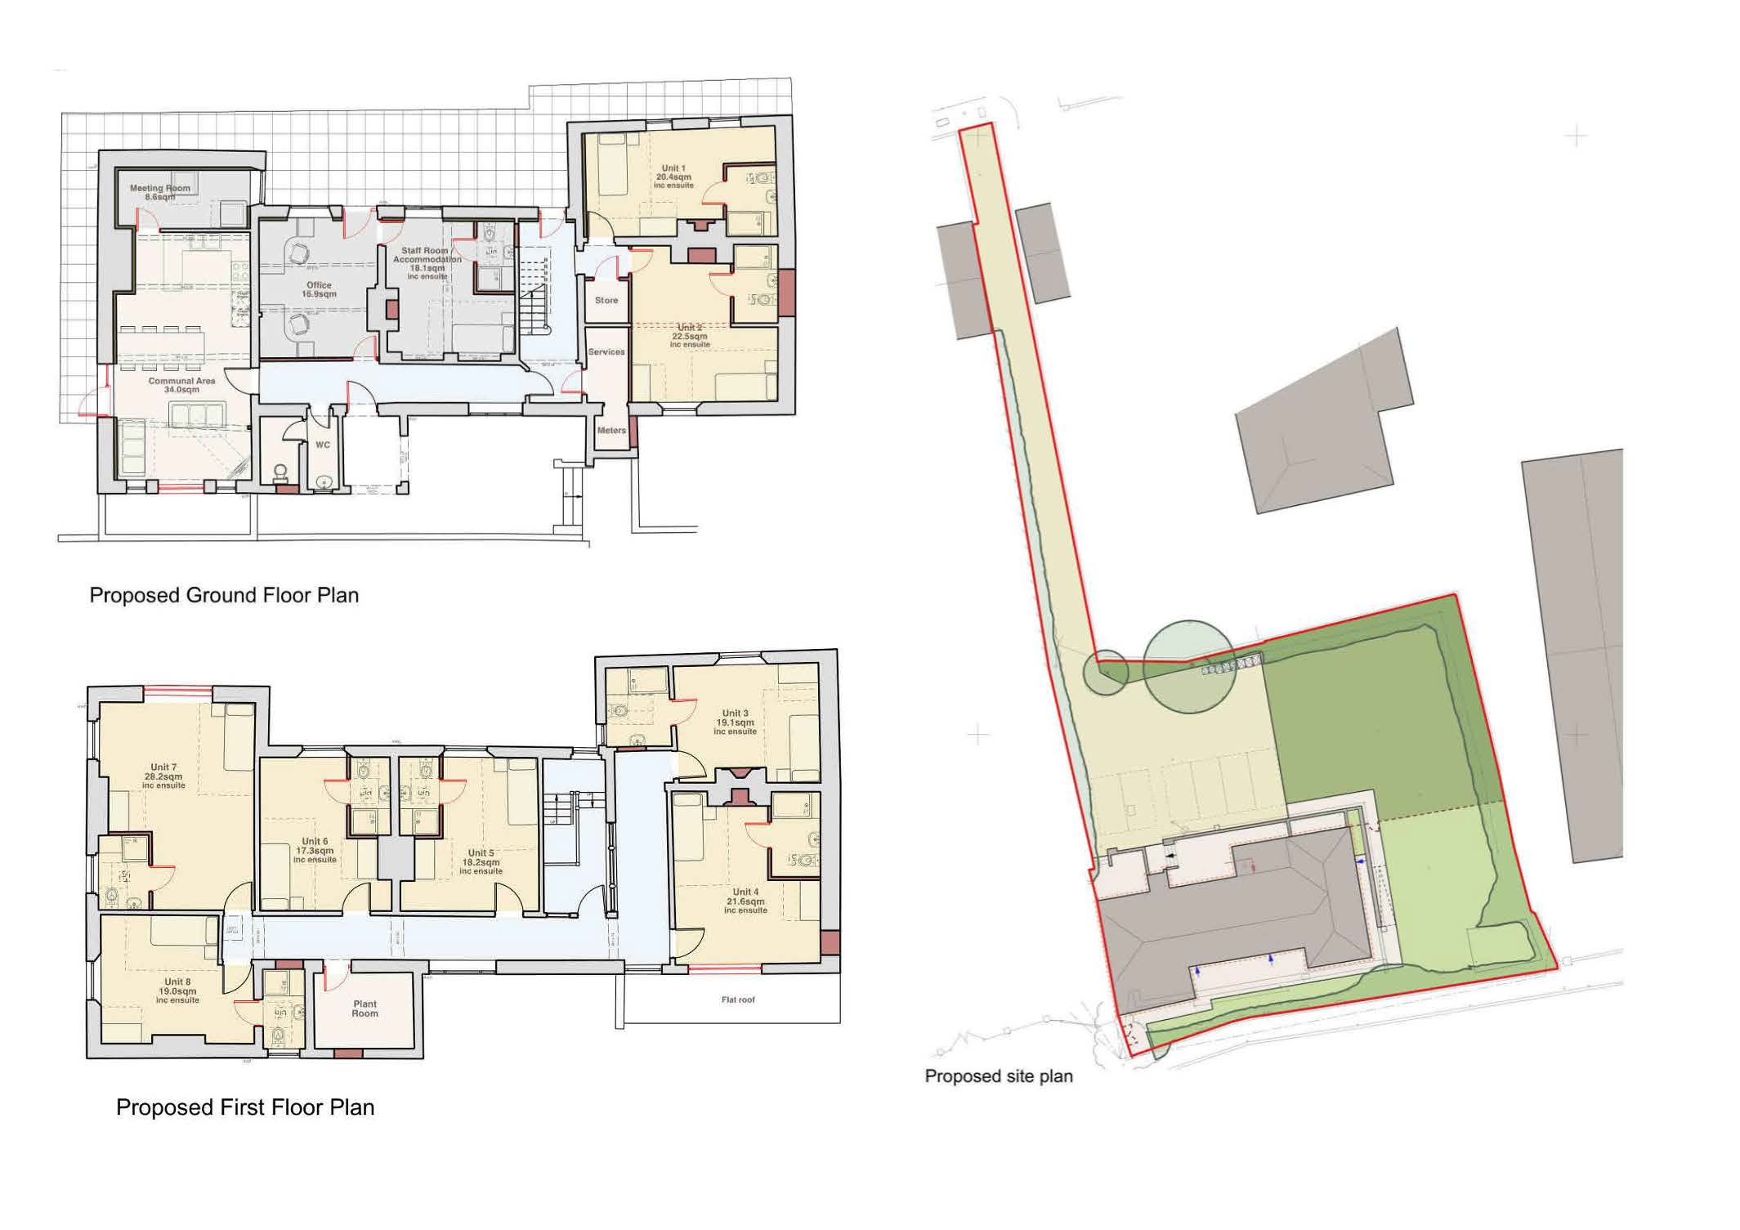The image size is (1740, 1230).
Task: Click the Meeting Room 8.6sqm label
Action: click(x=160, y=192)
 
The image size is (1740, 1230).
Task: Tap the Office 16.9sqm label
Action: click(x=319, y=289)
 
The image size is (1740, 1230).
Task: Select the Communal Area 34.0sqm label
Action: click(x=181, y=385)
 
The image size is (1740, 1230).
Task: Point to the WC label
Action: click(x=323, y=445)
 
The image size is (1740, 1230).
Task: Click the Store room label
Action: click(x=606, y=300)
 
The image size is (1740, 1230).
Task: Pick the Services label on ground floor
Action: click(x=606, y=351)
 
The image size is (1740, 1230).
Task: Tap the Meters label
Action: click(x=611, y=430)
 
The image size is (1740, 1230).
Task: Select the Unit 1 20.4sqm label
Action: click(x=673, y=177)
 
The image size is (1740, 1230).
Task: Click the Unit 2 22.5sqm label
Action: click(x=689, y=336)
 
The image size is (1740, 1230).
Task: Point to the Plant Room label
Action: click(x=365, y=1009)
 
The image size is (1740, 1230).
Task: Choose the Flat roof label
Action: click(x=738, y=1000)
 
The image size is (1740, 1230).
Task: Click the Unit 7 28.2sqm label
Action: click(x=163, y=776)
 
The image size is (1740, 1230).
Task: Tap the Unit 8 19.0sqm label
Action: click(x=177, y=991)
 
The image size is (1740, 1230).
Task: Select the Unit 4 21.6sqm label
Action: click(x=745, y=901)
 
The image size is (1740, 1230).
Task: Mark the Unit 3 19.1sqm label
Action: click(x=735, y=722)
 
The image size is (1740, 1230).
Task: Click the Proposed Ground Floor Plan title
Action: click(x=224, y=595)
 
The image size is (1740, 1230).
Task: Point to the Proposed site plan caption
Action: click(x=998, y=1076)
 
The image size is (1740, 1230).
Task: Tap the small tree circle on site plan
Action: click(x=1106, y=673)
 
